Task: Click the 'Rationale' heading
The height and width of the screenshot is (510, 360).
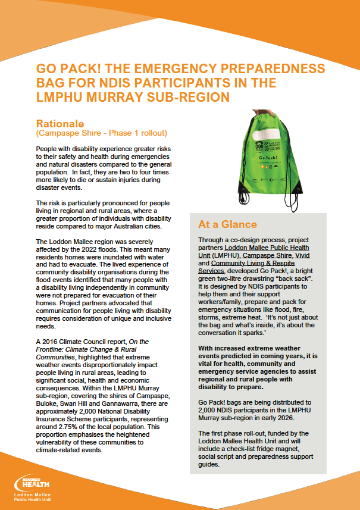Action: pos(60,123)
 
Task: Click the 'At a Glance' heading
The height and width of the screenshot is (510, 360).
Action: pos(227,224)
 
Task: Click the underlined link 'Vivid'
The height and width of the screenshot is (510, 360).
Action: pos(303,255)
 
